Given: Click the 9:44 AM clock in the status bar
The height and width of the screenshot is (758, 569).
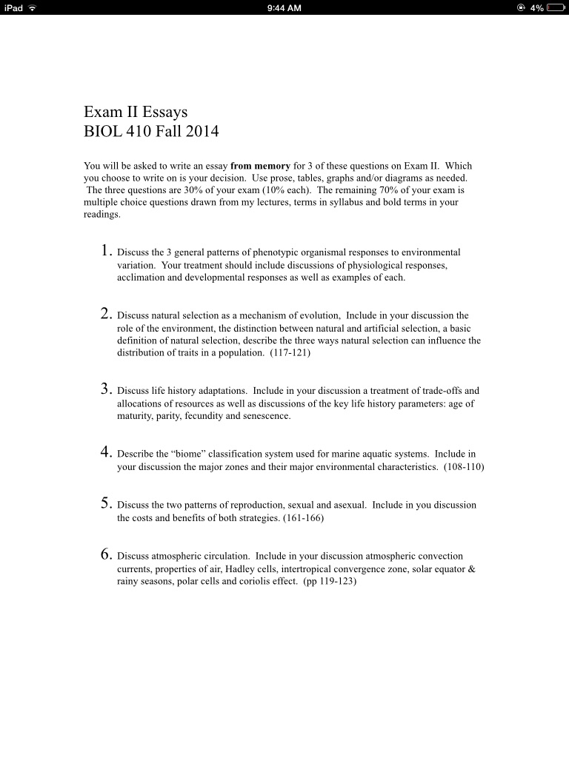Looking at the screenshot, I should [x=284, y=8].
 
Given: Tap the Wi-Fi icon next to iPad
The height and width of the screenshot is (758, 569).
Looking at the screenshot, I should [x=33, y=8].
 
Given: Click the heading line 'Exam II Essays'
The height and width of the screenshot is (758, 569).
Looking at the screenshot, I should [x=136, y=113].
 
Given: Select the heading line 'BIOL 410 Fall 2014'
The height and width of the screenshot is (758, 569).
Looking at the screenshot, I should [x=151, y=133].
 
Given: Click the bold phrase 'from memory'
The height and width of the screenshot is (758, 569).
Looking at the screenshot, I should [x=260, y=166].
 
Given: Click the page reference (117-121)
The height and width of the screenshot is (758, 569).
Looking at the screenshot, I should [x=290, y=353].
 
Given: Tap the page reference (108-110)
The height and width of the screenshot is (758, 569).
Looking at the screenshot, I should [x=464, y=467].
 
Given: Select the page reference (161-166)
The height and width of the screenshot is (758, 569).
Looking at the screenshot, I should [x=303, y=518].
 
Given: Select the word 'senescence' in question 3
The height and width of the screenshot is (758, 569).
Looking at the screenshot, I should [x=264, y=416].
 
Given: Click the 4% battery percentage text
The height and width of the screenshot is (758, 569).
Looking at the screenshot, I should [x=537, y=8].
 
